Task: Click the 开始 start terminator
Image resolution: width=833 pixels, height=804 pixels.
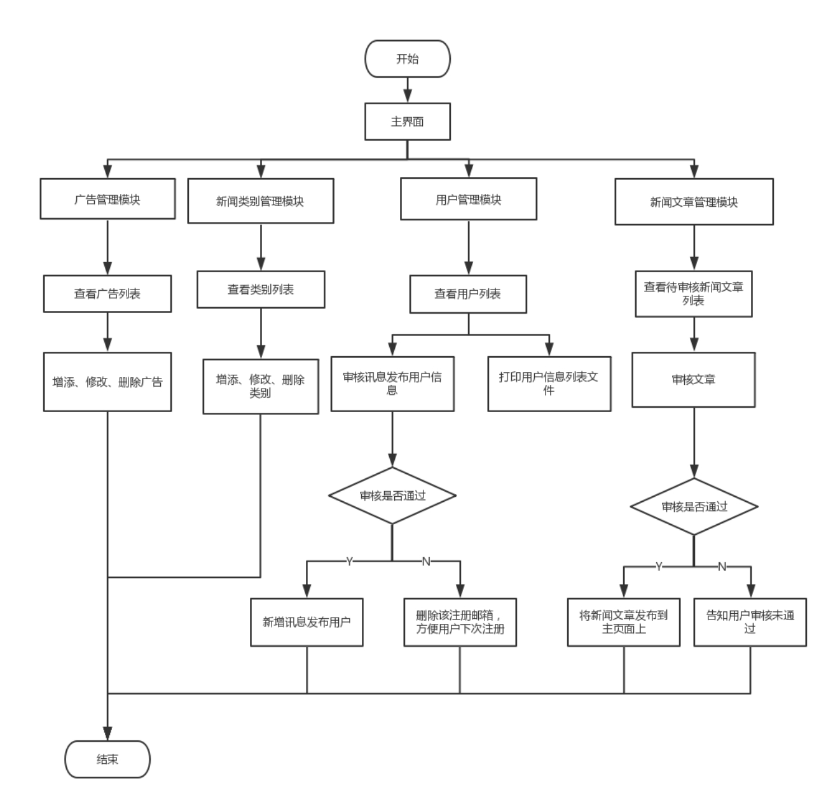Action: point(408,59)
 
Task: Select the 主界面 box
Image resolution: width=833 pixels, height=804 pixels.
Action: point(408,121)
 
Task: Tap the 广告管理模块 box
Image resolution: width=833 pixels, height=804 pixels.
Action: point(107,200)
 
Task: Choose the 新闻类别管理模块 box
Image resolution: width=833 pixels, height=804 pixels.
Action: point(261,202)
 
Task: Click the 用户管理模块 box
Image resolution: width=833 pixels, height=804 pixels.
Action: point(469,200)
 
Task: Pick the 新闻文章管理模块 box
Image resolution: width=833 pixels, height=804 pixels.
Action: point(694,202)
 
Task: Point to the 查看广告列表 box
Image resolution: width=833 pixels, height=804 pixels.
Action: point(107,294)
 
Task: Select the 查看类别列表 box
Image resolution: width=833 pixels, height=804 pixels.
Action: point(261,290)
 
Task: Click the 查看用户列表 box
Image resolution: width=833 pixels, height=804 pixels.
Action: point(468,294)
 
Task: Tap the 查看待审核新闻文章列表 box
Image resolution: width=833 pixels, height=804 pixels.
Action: point(694,294)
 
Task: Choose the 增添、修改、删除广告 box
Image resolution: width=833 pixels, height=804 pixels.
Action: point(107,382)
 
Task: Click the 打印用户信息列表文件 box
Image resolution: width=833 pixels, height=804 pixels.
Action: point(549,384)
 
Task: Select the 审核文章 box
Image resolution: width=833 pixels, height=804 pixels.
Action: point(693,380)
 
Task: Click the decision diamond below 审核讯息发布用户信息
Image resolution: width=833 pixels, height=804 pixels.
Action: point(392,496)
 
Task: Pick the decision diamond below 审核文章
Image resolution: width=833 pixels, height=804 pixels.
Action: point(694,507)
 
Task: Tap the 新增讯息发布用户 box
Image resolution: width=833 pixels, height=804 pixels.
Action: point(307,622)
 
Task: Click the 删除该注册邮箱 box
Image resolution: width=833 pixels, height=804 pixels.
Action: point(460,622)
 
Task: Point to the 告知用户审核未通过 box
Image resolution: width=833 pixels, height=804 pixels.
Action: point(750,622)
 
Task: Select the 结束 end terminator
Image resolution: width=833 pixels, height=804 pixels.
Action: point(107,759)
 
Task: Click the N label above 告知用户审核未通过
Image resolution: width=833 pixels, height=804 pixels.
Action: point(722,567)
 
